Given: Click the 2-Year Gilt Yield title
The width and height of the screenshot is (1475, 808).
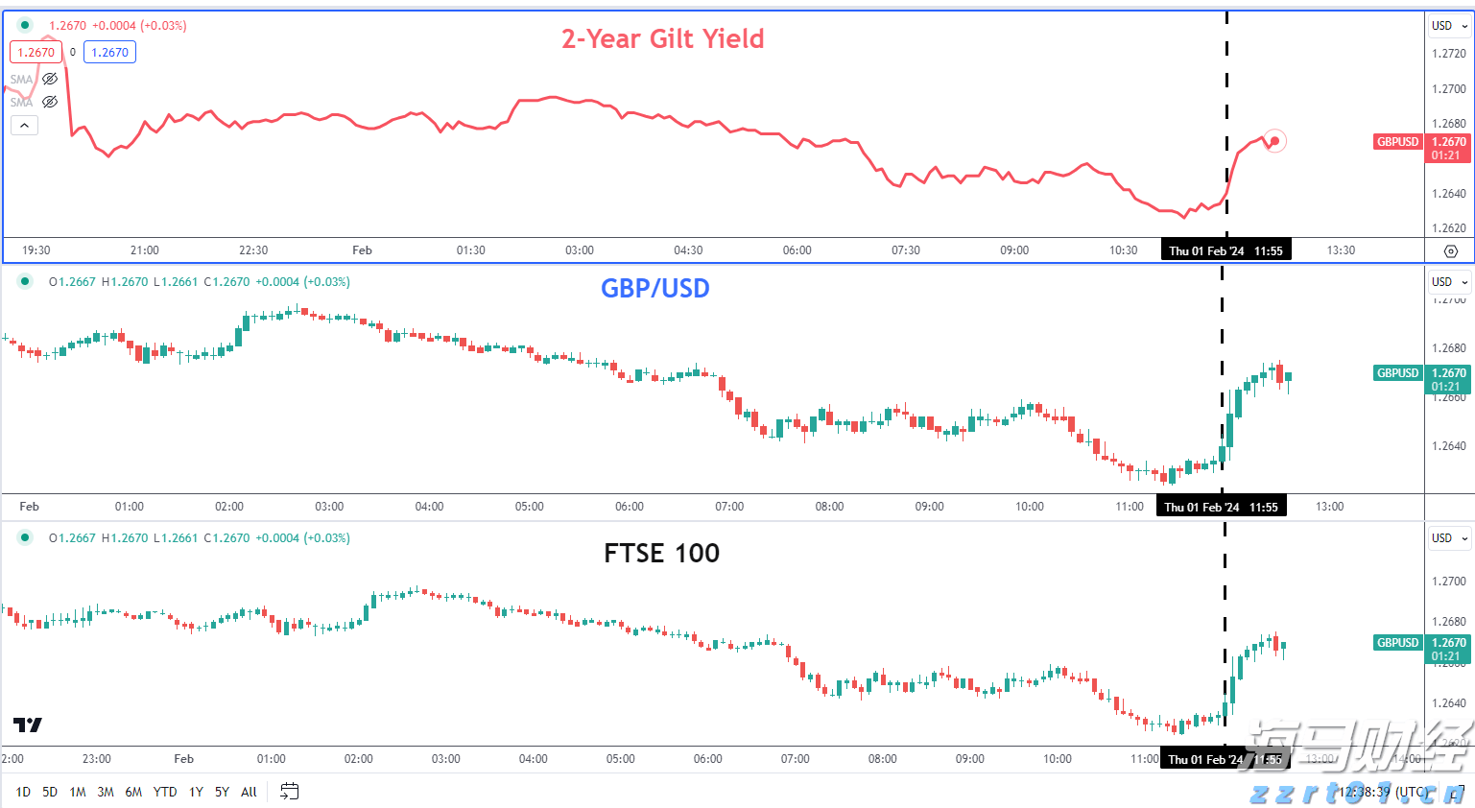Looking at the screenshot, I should click(662, 39).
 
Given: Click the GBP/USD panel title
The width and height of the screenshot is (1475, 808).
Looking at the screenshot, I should click(654, 288).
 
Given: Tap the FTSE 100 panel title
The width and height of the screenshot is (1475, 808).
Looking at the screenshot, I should click(661, 553).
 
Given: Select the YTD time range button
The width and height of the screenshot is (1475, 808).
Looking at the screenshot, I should click(165, 792).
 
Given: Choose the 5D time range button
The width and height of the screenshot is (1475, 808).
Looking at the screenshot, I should click(50, 792).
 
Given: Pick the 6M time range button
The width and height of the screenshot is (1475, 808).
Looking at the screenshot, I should click(133, 792).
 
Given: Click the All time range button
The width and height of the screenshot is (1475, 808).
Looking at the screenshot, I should click(249, 792).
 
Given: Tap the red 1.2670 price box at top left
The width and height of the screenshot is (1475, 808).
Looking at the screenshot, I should click(36, 53).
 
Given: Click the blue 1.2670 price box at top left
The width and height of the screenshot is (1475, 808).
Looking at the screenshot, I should click(109, 53).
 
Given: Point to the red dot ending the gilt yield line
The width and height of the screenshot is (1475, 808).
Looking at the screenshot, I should click(1274, 141).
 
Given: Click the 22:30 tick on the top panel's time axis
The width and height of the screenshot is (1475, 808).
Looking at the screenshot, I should click(253, 250).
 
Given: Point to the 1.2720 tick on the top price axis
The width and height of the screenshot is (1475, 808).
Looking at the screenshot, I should click(1448, 54).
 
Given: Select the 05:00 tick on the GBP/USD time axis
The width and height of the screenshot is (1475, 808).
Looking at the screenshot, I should click(529, 507).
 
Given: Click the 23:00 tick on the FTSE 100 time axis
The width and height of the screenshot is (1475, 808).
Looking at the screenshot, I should click(97, 759).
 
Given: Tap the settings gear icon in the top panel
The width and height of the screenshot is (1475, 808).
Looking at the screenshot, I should click(1451, 251).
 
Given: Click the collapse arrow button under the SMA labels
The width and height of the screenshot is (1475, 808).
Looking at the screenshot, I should click(25, 125).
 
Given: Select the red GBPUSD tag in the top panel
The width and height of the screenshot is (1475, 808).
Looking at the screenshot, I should click(1397, 142).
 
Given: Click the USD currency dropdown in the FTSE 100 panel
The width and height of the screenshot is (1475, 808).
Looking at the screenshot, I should click(1449, 538).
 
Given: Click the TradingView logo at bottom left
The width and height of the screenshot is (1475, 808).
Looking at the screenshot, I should click(28, 725).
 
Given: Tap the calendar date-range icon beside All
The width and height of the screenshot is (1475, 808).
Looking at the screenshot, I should click(289, 792).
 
